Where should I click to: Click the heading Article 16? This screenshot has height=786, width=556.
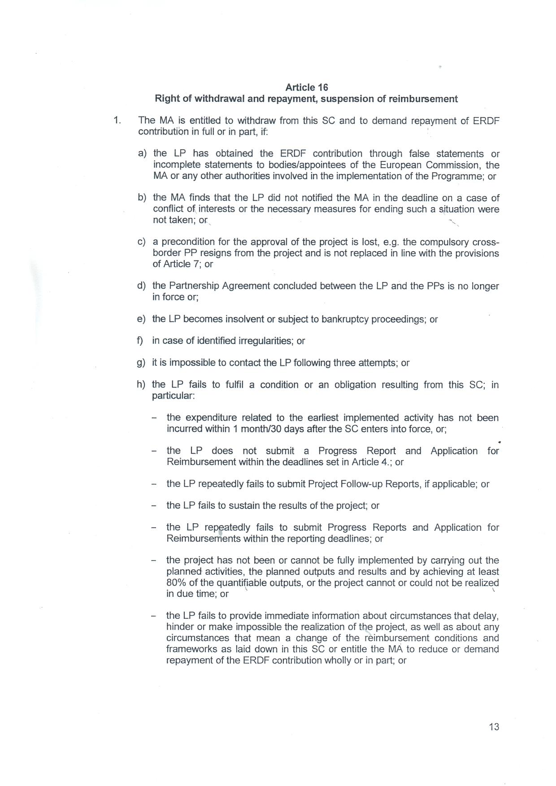(307, 87)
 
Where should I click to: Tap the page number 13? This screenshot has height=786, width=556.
(494, 727)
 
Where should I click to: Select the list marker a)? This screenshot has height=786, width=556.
(142, 154)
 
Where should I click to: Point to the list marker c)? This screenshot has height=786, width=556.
(142, 242)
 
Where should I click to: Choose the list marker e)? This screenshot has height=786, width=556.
(141, 319)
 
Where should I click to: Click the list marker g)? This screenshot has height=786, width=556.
(141, 363)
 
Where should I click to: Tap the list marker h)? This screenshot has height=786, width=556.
(141, 385)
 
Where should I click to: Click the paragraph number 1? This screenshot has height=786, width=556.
(117, 120)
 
